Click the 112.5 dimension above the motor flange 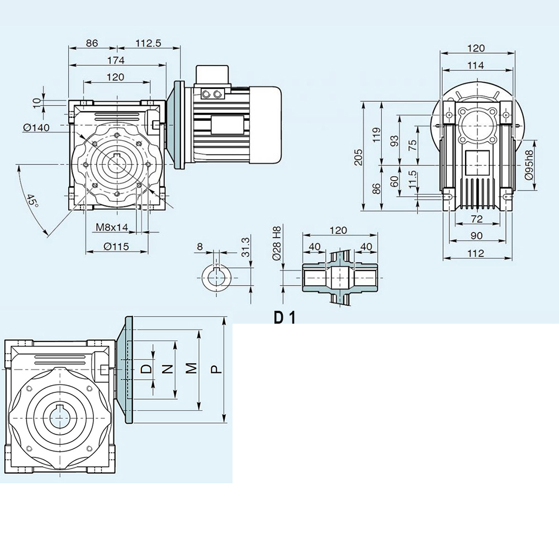point(148,42)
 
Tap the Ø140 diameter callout point(36,127)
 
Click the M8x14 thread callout point(111,227)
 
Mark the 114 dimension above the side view point(476,65)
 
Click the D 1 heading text point(285,317)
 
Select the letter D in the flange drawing point(146,369)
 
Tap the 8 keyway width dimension point(201,246)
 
